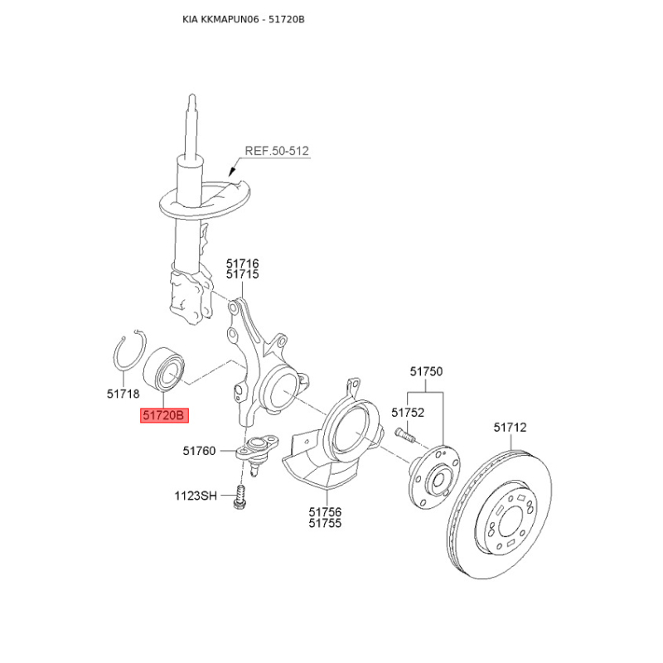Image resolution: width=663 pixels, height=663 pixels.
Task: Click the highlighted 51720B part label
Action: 164,415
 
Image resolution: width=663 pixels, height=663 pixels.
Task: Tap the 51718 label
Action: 123,394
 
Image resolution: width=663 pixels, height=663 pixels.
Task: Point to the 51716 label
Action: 242,264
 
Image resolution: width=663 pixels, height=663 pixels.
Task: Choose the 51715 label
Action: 242,274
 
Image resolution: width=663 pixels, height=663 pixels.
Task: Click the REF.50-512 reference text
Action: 277,151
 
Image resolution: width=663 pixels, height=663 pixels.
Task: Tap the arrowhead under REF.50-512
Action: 232,172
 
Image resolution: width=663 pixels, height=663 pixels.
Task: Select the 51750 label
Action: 426,371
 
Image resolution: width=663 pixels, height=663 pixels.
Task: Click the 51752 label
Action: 408,412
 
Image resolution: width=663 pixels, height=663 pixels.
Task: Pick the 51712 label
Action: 510,427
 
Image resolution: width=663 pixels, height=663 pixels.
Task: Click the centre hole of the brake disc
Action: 512,525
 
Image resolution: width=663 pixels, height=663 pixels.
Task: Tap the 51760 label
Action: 199,451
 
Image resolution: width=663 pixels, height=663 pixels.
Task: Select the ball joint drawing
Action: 256,454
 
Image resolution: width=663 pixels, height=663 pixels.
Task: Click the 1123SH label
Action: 196,496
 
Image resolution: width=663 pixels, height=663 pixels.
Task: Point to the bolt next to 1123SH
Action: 240,496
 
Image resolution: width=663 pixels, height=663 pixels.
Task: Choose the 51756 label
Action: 325,512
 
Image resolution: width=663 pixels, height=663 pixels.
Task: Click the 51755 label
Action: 325,523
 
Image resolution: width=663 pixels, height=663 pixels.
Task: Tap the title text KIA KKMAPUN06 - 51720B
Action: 244,19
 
